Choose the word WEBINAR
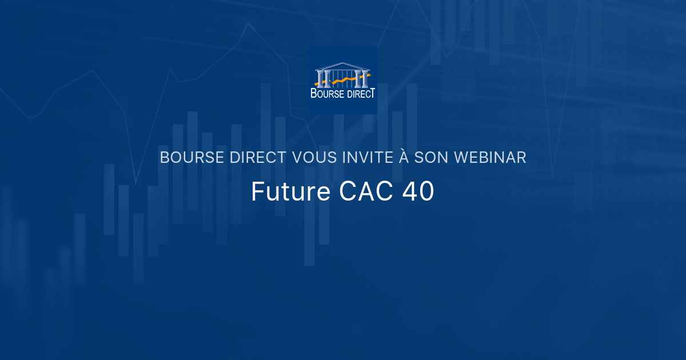490,158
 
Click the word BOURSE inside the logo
328,94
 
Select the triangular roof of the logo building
342,66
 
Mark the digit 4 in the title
410,193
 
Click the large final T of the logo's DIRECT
372,93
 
